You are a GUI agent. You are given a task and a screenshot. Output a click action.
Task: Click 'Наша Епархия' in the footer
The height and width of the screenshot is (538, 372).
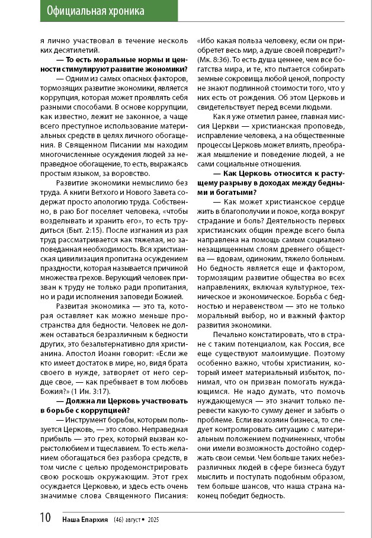coord(85,520)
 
